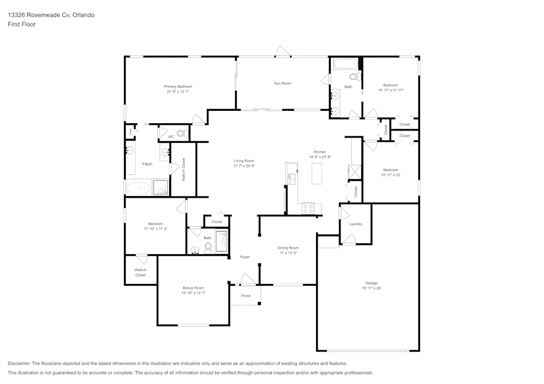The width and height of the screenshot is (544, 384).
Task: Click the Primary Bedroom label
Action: pyautogui.click(x=178, y=86)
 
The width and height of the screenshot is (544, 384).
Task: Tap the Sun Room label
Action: pyautogui.click(x=283, y=84)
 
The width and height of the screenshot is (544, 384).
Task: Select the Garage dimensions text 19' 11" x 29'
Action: pyautogui.click(x=371, y=288)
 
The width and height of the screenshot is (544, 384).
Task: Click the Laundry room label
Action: pyautogui.click(x=356, y=224)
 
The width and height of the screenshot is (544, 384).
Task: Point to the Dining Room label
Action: pyautogui.click(x=288, y=248)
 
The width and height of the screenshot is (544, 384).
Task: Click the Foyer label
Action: pyautogui.click(x=245, y=257)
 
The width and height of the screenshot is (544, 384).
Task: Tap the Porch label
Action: pyautogui.click(x=246, y=295)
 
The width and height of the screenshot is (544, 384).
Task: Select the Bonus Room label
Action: pyautogui.click(x=193, y=288)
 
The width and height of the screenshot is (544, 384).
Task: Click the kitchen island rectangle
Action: pyautogui.click(x=317, y=173)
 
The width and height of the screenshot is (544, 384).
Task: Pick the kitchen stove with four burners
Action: pyautogui.click(x=308, y=209)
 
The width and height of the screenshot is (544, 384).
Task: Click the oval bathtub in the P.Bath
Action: pyautogui.click(x=138, y=188)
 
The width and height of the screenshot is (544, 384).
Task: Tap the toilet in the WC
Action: pyautogui.click(x=182, y=133)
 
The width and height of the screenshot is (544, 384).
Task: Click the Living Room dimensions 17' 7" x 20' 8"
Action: pyautogui.click(x=244, y=166)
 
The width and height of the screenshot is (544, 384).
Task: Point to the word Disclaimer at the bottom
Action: pyautogui.click(x=19, y=363)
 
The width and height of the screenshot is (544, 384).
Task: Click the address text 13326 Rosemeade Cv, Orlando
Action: pyautogui.click(x=51, y=15)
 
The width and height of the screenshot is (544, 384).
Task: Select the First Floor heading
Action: pyautogui.click(x=22, y=24)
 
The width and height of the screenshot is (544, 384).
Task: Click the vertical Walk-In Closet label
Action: pyautogui.click(x=183, y=169)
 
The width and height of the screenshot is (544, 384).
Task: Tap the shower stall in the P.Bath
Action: pyautogui.click(x=160, y=187)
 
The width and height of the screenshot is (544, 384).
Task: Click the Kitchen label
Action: pyautogui.click(x=320, y=152)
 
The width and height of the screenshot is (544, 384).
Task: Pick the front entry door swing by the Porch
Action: pyautogui.click(x=248, y=279)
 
